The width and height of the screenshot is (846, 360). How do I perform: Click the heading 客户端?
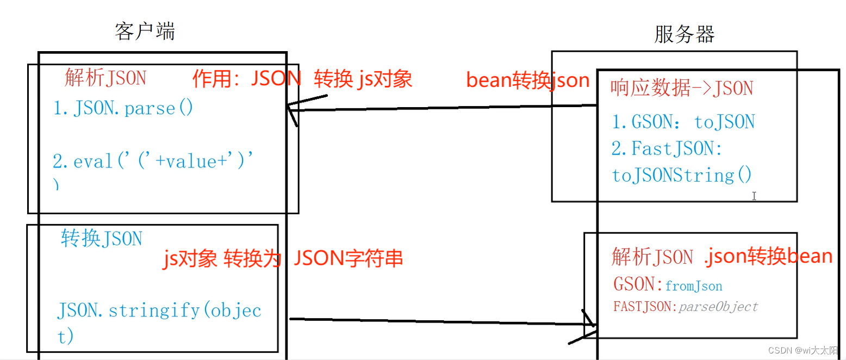(145, 32)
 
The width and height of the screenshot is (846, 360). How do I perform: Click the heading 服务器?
(684, 34)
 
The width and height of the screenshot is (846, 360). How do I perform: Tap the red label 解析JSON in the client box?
(105, 78)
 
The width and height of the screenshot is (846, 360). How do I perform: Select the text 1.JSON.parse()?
(123, 108)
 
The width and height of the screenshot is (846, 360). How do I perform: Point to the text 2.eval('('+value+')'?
(154, 161)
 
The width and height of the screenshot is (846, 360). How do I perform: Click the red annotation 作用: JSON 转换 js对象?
(302, 79)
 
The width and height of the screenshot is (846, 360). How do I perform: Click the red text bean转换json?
(527, 80)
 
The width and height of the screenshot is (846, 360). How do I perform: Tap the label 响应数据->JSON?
(682, 88)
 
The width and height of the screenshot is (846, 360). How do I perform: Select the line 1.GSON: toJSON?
(683, 122)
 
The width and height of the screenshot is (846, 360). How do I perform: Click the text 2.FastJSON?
(667, 148)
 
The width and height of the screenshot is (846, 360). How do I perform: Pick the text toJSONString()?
(682, 175)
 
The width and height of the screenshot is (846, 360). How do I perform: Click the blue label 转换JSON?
(102, 238)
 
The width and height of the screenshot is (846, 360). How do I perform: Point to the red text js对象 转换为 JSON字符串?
(283, 258)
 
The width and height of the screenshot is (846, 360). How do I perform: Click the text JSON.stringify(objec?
(159, 311)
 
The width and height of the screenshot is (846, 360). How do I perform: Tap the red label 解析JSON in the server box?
(652, 257)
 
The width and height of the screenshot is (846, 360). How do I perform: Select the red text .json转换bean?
(768, 256)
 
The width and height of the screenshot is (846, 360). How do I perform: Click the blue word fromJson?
(694, 285)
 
